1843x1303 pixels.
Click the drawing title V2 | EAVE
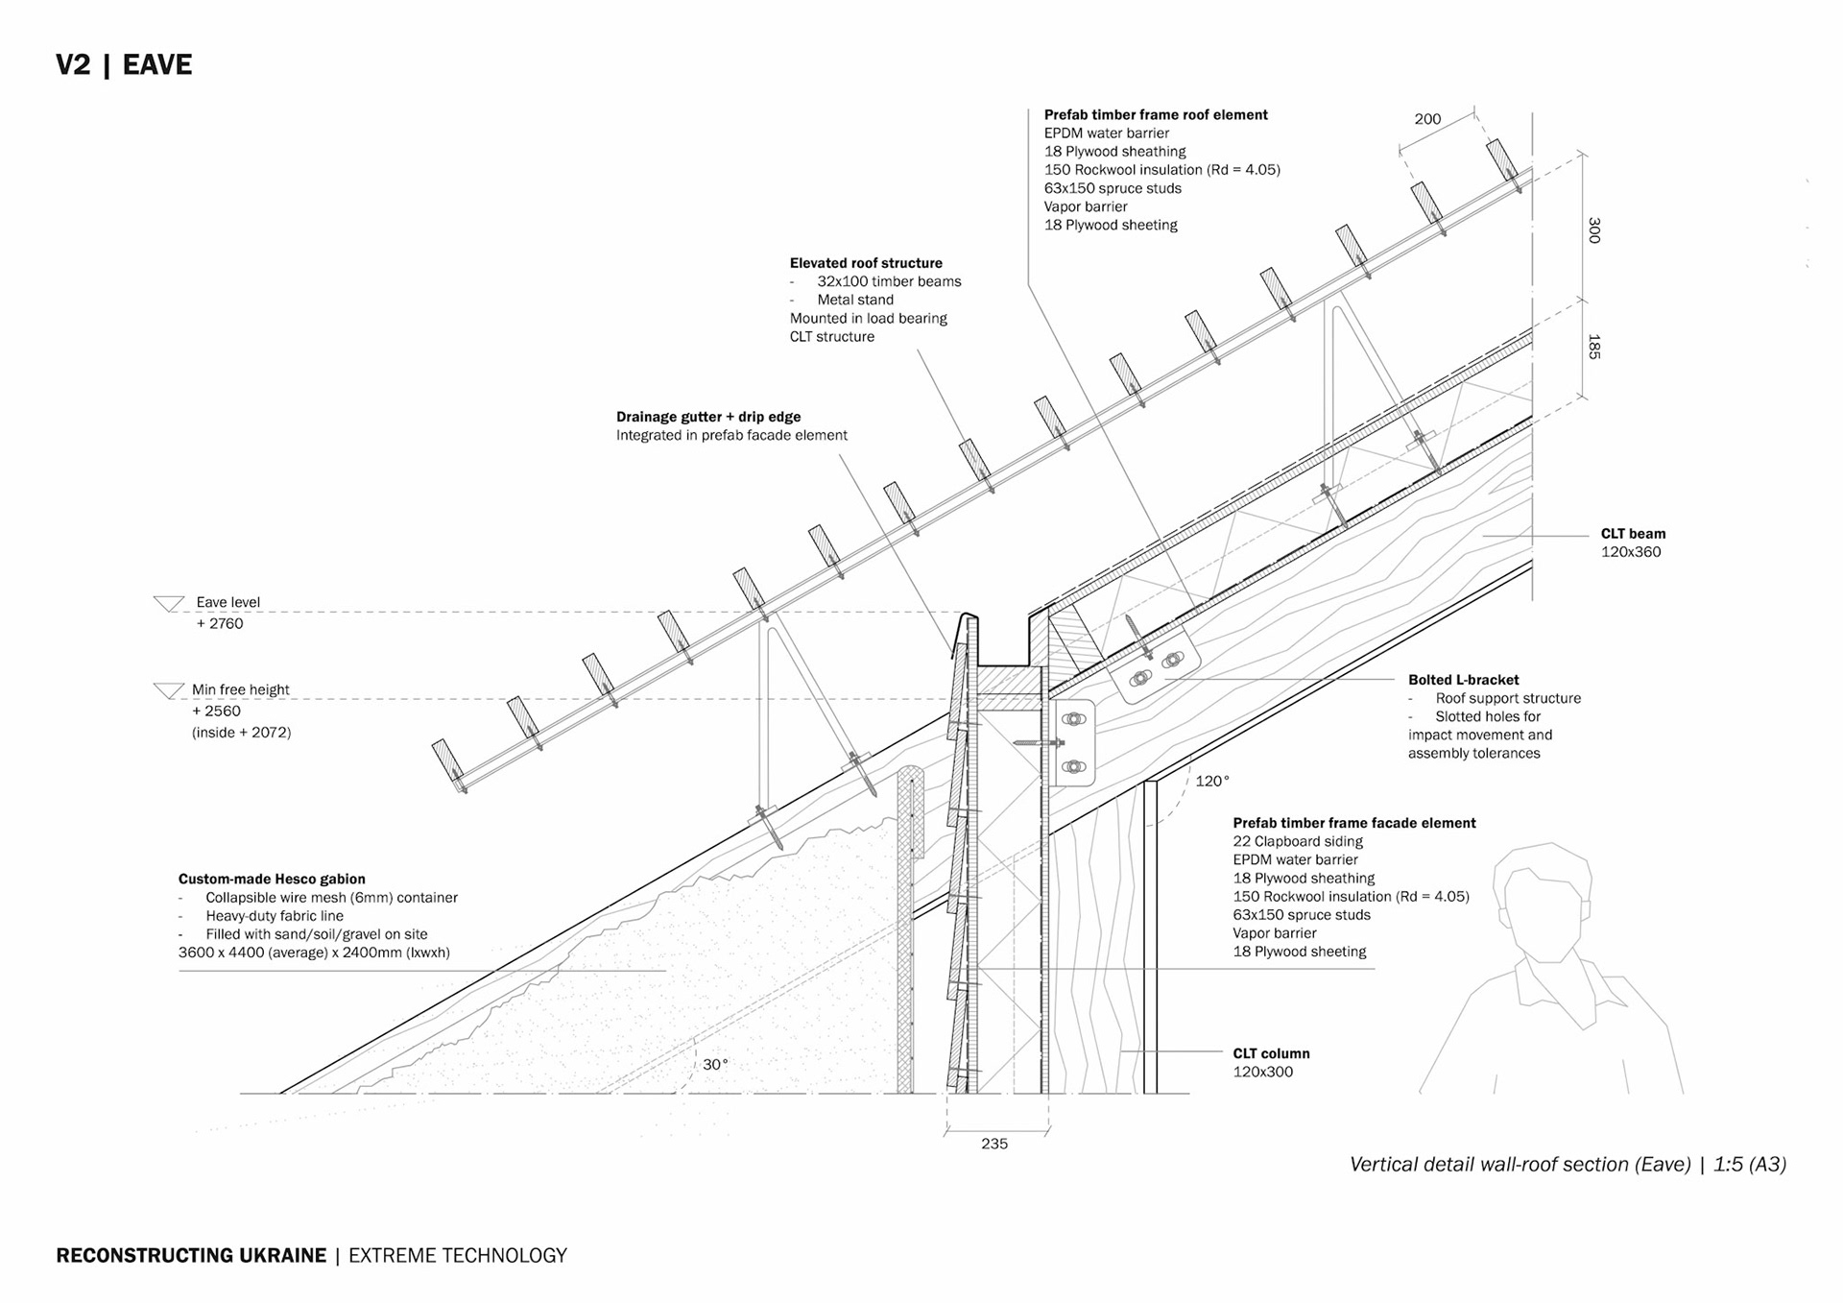click(124, 64)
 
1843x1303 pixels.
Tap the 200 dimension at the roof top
click(1426, 119)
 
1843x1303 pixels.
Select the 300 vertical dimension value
click(1593, 229)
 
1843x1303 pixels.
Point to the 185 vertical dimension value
click(1593, 347)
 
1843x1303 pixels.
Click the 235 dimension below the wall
click(994, 1144)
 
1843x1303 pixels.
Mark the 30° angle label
click(715, 1064)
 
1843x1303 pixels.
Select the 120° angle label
click(1211, 781)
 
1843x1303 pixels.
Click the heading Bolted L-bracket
click(1463, 680)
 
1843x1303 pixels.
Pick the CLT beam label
click(1633, 534)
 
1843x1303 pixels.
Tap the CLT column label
click(1271, 1053)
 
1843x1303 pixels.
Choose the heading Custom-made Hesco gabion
click(272, 879)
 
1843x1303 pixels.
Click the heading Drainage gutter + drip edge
click(707, 417)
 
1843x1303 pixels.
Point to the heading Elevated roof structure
click(866, 263)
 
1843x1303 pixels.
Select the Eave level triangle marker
click(169, 604)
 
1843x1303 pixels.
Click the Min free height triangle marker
click(169, 690)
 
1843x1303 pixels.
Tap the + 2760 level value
click(220, 623)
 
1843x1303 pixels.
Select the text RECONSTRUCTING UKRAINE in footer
click(191, 1255)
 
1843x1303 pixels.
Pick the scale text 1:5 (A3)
click(1750, 1164)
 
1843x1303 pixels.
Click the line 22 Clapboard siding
click(1298, 841)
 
